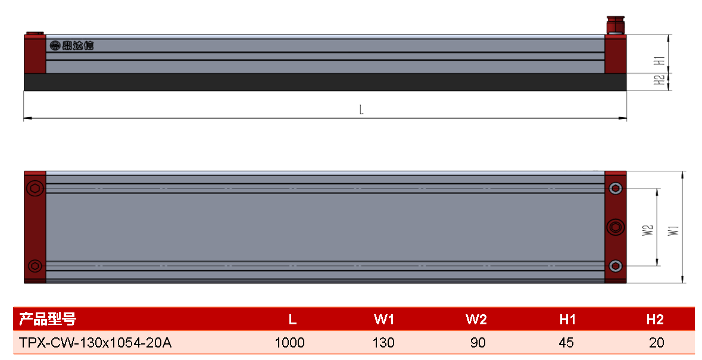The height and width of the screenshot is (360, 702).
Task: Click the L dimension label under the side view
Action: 361,109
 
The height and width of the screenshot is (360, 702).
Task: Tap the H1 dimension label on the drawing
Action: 659,60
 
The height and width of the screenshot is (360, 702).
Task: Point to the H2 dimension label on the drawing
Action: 659,80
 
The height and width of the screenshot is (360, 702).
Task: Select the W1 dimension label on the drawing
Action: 673,231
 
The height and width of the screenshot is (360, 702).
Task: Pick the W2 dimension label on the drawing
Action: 648,230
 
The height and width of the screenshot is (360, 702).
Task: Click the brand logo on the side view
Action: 71,46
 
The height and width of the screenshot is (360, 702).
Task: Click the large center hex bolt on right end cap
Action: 616,227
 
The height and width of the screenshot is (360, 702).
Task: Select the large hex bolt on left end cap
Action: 35,188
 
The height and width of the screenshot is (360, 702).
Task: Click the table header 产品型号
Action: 48,320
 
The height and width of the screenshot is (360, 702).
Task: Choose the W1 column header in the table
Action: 384,320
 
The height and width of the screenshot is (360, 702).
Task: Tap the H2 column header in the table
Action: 655,320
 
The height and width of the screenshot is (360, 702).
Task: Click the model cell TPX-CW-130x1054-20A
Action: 95,343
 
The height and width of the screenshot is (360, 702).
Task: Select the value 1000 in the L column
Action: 289,343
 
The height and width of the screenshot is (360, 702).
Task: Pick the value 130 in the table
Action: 383,343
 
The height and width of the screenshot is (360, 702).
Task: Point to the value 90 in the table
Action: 478,343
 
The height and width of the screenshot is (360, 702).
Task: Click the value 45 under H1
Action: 566,343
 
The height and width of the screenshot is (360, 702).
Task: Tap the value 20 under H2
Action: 656,343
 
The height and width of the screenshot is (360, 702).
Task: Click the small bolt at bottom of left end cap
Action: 35,266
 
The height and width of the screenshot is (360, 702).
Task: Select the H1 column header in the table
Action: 567,320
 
